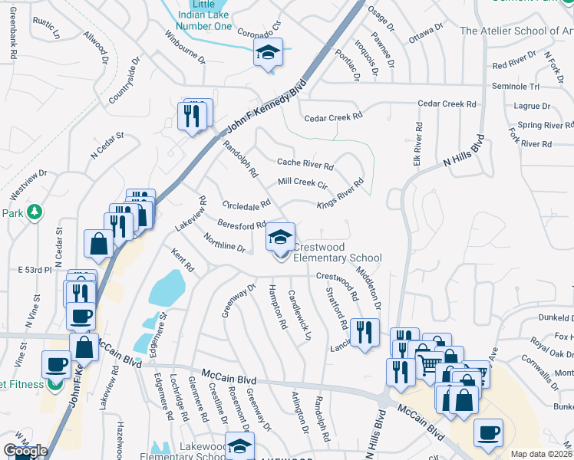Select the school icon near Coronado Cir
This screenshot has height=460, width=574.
coord(268,52)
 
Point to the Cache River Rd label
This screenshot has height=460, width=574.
coord(305,163)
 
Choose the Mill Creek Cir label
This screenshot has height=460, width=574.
coord(302,184)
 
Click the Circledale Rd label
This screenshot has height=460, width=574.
coord(246,205)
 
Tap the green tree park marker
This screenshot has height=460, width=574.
coord(33,212)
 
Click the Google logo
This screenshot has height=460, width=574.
coord(25,451)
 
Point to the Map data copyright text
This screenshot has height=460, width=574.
coord(542,454)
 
